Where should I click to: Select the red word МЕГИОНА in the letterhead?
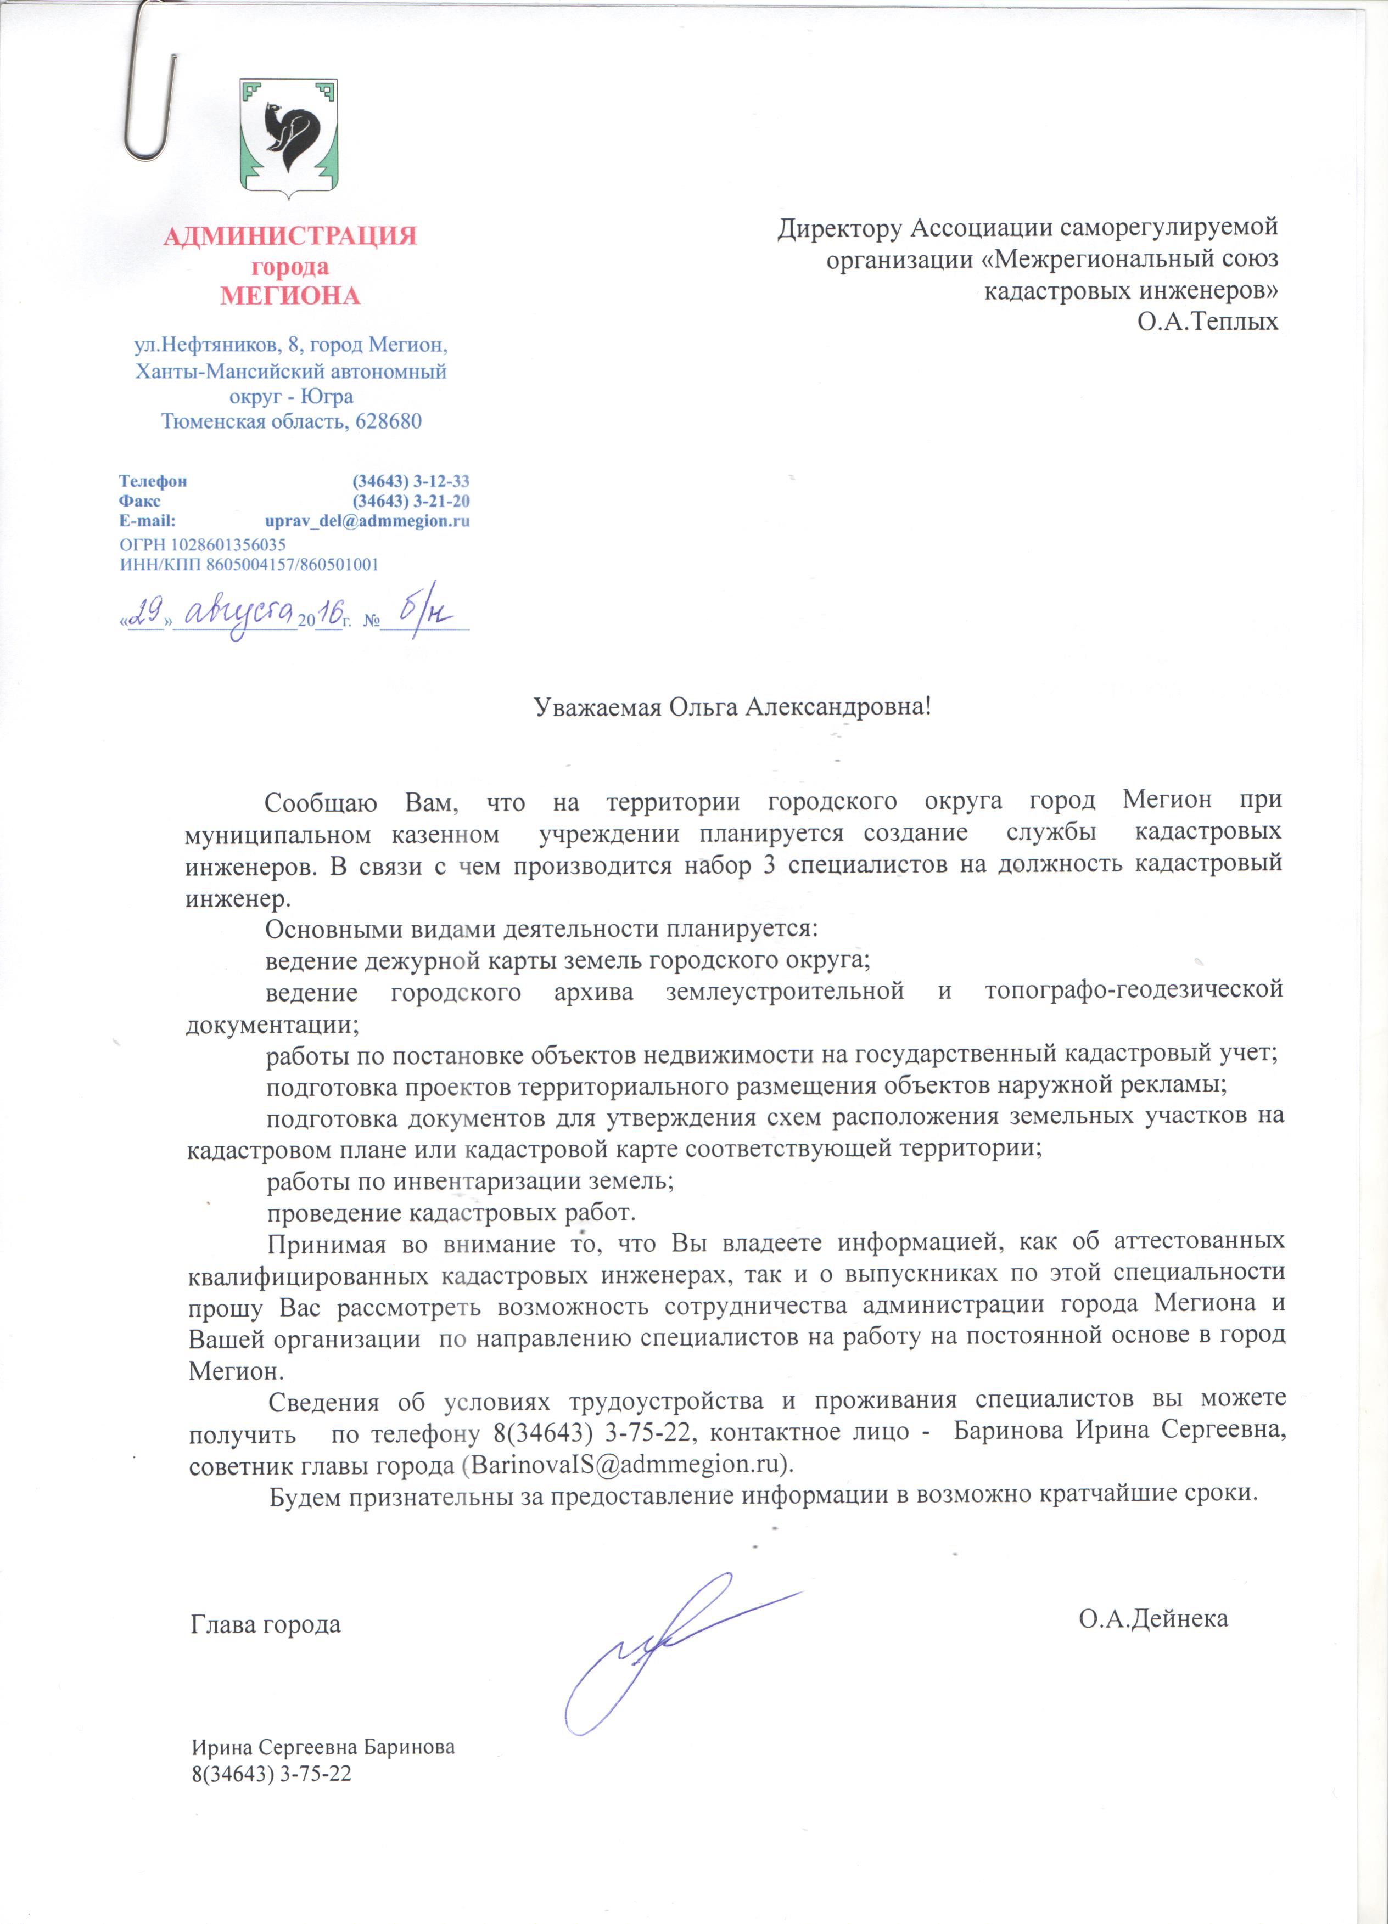click(290, 296)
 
